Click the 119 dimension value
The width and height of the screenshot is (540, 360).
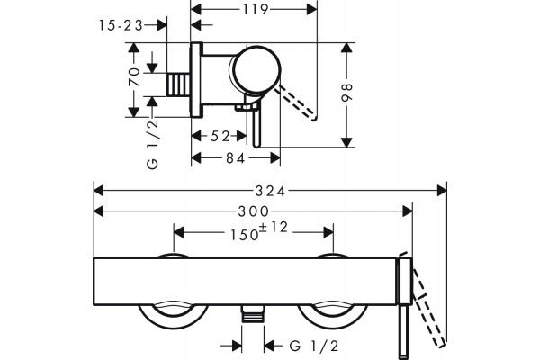(256, 9)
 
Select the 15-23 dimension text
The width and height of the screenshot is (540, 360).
(121, 25)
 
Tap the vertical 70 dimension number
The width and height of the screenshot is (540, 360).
(134, 76)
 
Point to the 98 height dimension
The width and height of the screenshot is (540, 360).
(346, 93)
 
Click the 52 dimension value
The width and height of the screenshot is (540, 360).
(220, 137)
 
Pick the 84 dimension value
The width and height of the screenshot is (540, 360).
(236, 158)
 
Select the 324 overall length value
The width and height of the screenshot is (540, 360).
(270, 191)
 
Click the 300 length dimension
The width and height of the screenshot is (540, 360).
(254, 211)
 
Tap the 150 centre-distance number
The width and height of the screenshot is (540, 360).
(245, 235)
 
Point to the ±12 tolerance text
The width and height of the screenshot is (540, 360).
(274, 227)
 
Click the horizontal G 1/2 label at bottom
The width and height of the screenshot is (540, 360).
(314, 346)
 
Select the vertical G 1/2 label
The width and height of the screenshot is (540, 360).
(153, 144)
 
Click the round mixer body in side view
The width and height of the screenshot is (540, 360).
(256, 69)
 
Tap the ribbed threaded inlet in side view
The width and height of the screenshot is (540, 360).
(178, 85)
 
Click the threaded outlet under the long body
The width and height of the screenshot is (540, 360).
(253, 313)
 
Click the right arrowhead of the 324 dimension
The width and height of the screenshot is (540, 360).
(442, 191)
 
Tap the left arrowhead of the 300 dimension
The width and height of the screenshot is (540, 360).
(98, 211)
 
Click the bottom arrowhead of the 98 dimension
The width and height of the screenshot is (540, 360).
(346, 142)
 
